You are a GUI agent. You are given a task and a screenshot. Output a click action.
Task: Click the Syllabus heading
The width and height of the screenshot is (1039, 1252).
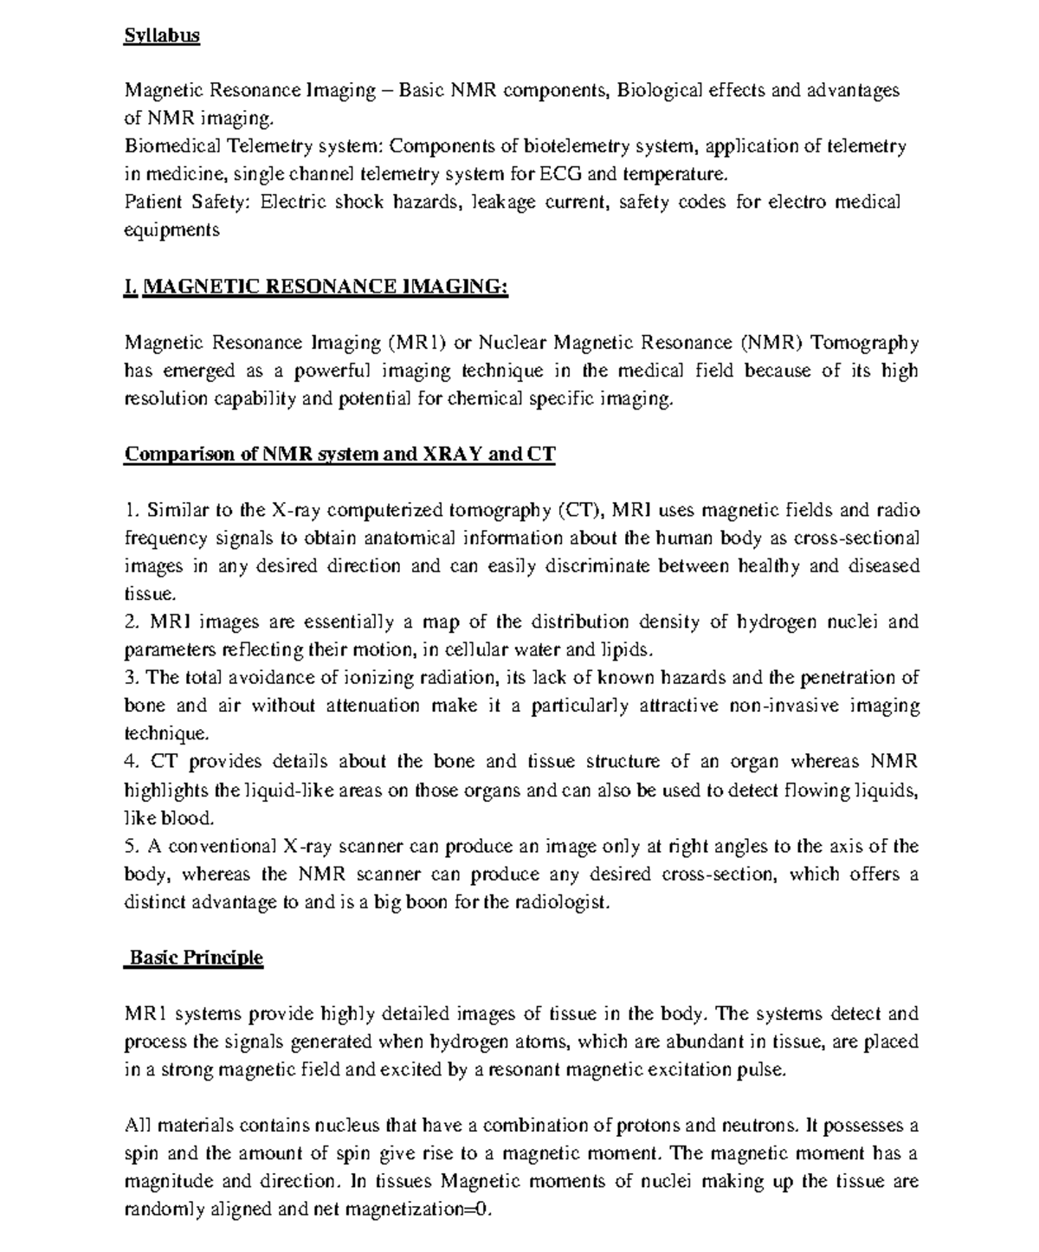(162, 35)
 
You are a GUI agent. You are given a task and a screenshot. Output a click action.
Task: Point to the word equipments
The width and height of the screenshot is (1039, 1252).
(171, 230)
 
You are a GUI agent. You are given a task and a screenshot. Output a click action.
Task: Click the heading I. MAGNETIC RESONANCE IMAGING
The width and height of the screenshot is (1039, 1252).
(316, 287)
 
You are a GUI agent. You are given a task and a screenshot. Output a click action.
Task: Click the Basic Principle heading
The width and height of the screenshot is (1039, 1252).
(195, 958)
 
